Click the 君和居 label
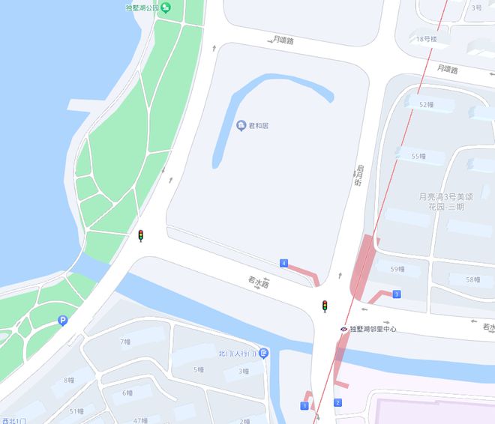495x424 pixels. point(259,125)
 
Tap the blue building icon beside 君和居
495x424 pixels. point(241,125)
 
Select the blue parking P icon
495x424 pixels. point(62,321)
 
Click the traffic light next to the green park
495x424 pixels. point(140,236)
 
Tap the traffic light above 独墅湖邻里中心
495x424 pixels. point(325,306)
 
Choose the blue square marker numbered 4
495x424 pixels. point(283,263)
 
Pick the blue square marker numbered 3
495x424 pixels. point(396,294)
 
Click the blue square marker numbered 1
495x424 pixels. point(304,405)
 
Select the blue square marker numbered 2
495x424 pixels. point(337,403)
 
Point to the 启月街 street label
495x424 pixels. point(358,177)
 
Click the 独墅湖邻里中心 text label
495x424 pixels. point(373,329)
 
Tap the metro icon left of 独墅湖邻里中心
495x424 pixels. point(343,329)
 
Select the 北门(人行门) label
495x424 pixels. point(237,353)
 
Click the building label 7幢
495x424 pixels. point(125,342)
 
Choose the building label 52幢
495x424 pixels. point(426,105)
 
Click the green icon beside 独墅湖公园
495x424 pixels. point(166,7)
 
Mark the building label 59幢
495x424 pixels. point(397,269)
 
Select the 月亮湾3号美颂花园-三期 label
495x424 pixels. point(441,202)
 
